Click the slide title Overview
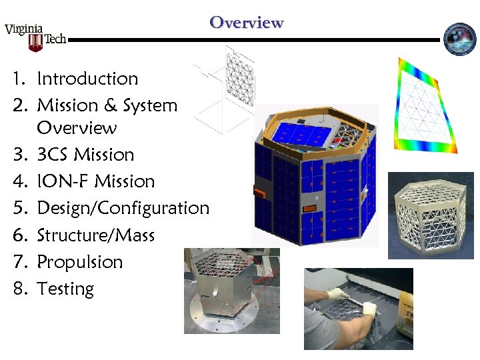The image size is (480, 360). click(247, 23)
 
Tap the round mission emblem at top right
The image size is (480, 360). click(459, 39)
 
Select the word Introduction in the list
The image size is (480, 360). click(87, 79)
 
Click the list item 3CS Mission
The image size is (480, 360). click(85, 155)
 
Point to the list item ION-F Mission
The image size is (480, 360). click(95, 181)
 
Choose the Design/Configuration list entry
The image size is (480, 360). click(123, 208)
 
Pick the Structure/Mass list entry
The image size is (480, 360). click(95, 235)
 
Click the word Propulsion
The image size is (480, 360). click(80, 262)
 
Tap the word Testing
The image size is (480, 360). click(65, 289)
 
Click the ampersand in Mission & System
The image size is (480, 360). click(110, 105)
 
